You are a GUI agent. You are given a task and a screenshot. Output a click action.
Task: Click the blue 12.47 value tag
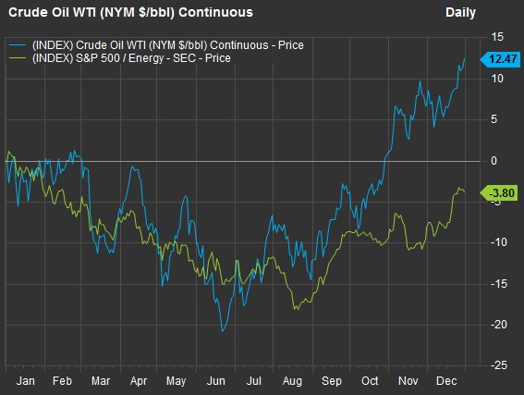[x=500, y=59]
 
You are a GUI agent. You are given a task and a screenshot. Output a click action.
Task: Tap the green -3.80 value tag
[x=499, y=193]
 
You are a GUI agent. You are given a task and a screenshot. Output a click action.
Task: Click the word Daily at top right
[x=460, y=13]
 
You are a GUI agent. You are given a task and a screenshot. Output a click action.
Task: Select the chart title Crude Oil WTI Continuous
[x=130, y=13]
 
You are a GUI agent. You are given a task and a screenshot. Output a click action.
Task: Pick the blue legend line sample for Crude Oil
[x=18, y=45]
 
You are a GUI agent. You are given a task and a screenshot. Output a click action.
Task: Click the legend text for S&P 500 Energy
[x=131, y=58]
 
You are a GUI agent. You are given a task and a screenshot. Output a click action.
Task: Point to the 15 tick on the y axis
[x=496, y=37]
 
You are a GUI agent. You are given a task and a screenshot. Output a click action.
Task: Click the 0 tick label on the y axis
[x=494, y=161]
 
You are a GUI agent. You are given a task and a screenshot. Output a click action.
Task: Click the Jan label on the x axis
[x=26, y=381]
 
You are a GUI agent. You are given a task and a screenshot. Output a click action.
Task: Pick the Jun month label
[x=216, y=381]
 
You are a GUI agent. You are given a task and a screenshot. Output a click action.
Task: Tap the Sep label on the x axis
[x=332, y=381]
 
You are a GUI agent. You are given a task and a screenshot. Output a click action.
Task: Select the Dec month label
[x=446, y=381]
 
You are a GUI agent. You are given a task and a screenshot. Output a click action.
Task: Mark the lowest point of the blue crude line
[x=223, y=331]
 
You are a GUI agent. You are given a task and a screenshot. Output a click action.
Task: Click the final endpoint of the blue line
[x=465, y=58]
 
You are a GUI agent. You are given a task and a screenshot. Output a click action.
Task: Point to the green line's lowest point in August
[x=295, y=309]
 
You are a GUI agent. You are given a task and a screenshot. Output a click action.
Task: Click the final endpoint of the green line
[x=465, y=192]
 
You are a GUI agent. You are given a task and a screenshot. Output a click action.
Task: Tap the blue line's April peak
[x=133, y=167]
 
